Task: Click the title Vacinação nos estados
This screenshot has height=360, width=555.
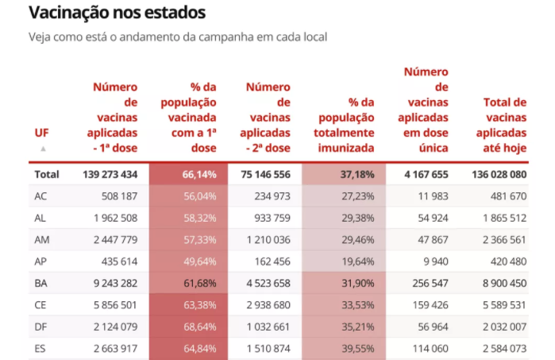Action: click(x=117, y=13)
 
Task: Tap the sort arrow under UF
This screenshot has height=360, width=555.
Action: click(x=43, y=149)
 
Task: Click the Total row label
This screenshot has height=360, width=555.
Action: click(x=47, y=174)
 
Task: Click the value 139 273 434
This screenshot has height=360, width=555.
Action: click(x=110, y=174)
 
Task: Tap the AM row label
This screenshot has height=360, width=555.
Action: click(x=43, y=240)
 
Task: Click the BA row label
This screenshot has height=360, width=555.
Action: click(x=42, y=283)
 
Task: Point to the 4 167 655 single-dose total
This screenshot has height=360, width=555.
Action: click(x=421, y=174)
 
